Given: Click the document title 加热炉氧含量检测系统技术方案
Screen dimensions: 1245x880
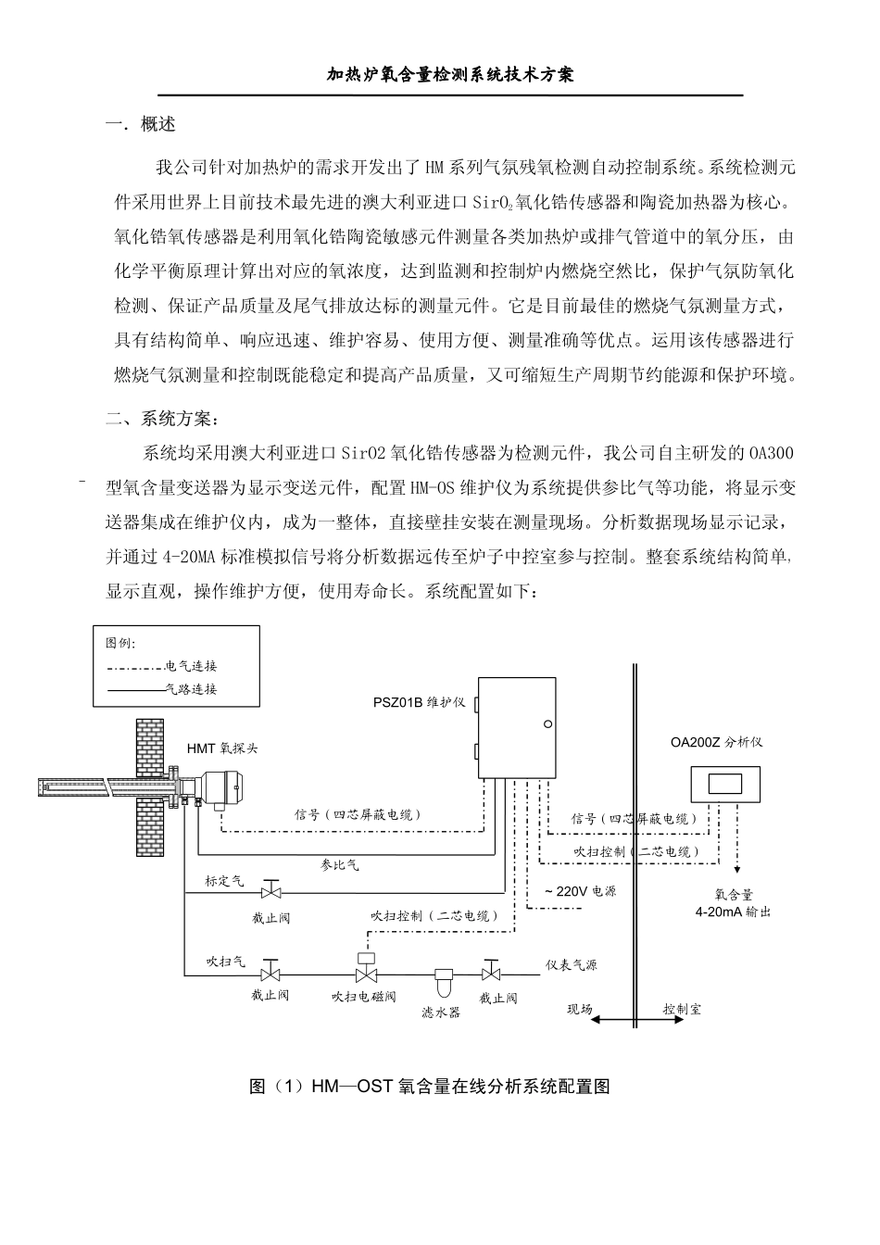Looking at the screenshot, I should tap(451, 74).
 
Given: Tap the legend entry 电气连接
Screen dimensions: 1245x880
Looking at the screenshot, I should tap(191, 666).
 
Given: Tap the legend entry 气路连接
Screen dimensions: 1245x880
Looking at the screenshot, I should tap(191, 689).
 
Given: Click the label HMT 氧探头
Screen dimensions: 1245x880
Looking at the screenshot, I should tap(222, 748).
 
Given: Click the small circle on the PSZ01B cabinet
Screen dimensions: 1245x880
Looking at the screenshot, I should tap(547, 723).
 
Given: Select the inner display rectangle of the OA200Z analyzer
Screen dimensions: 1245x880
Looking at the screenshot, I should tap(726, 784).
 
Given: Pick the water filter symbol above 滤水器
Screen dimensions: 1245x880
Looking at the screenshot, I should tap(442, 979).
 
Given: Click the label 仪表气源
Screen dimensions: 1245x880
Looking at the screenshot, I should tap(572, 964).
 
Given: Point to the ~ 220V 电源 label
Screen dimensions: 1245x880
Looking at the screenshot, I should tap(580, 891).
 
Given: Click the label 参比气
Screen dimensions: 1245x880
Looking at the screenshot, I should tap(339, 864).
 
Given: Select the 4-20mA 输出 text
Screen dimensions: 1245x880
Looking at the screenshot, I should tap(733, 912).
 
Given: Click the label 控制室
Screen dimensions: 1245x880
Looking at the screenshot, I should tap(682, 1009).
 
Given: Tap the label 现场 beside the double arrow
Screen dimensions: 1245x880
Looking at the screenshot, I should tap(580, 1009).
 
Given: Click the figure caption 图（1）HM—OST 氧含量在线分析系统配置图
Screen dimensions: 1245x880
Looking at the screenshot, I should tap(429, 1087).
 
